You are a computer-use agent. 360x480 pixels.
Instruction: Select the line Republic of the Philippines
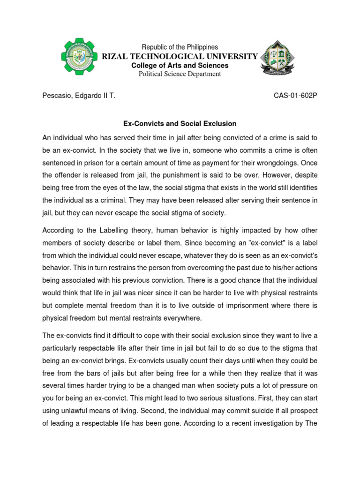(180, 47)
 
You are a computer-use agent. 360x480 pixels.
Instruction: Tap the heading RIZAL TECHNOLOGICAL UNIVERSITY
(180, 57)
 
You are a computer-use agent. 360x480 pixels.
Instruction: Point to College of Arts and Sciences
(180, 66)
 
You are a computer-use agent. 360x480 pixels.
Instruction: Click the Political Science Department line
(180, 74)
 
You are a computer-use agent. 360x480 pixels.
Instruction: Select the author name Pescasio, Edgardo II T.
(79, 96)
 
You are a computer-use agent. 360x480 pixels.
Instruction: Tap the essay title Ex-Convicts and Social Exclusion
(180, 124)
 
